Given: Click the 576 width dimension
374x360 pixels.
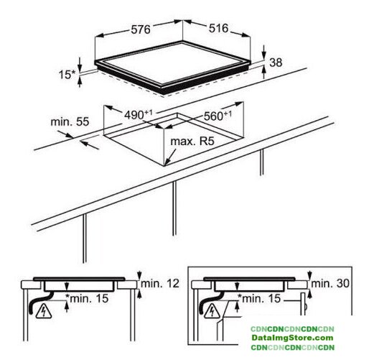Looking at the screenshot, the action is pyautogui.click(x=141, y=29).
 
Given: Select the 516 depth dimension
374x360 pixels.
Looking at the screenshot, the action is pyautogui.click(x=219, y=28).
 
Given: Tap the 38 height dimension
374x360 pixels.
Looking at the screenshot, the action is pyautogui.click(x=276, y=63).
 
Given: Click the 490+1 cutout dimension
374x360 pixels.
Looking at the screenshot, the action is pyautogui.click(x=139, y=114).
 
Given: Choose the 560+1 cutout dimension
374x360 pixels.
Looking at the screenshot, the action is pyautogui.click(x=218, y=116).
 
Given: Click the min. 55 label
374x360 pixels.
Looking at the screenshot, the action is pyautogui.click(x=70, y=121).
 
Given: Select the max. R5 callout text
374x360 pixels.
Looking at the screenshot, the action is pyautogui.click(x=192, y=142).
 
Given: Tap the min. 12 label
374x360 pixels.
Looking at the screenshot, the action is pyautogui.click(x=160, y=284).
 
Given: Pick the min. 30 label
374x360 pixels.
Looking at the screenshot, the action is pyautogui.click(x=330, y=284).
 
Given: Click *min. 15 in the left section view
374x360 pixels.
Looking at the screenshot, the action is pyautogui.click(x=87, y=298).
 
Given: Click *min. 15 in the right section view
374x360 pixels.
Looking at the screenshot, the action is pyautogui.click(x=259, y=298).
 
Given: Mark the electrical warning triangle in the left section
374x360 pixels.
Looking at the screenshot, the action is pyautogui.click(x=44, y=312).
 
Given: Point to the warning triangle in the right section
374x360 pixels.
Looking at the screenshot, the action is pyautogui.click(x=212, y=312).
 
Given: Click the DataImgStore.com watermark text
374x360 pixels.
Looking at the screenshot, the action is pyautogui.click(x=292, y=338).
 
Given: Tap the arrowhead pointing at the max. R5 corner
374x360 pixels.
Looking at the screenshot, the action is pyautogui.click(x=168, y=162).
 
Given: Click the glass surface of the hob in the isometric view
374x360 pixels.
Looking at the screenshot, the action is pyautogui.click(x=173, y=64).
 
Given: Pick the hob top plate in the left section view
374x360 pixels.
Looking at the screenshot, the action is pyautogui.click(x=79, y=279).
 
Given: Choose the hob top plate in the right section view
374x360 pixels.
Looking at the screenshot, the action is pyautogui.click(x=249, y=279).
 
